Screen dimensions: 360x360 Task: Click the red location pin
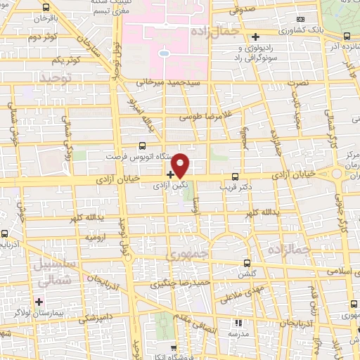181,165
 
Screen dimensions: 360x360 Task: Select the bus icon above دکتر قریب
235,177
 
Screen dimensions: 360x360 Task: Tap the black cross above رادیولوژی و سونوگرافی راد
255,36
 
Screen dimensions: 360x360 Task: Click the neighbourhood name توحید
56,75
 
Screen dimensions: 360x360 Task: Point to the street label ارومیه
96,238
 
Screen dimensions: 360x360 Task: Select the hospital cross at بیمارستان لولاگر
40,302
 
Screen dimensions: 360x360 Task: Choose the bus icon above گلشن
245,262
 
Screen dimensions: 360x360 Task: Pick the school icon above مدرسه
238,323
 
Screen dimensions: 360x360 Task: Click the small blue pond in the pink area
163,52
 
